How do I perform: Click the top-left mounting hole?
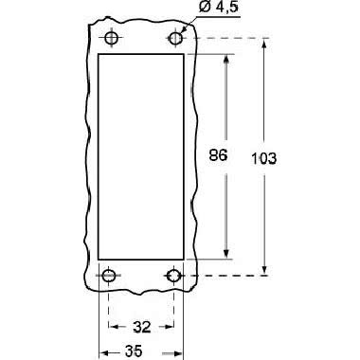pyautogui.click(x=111, y=38)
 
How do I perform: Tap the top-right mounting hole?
pyautogui.click(x=175, y=38)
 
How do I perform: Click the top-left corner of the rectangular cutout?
pyautogui.click(x=99, y=55)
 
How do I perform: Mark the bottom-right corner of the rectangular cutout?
pyautogui.click(x=185, y=259)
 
